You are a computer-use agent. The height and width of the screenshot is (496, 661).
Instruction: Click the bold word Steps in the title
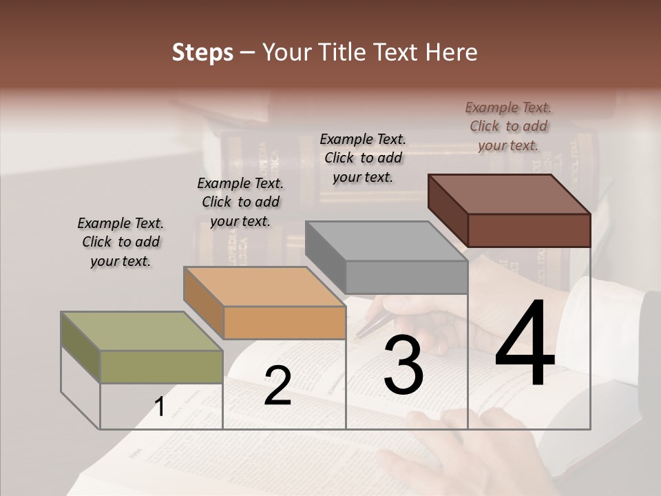click(202, 52)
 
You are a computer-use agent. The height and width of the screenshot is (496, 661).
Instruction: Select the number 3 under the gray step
click(403, 366)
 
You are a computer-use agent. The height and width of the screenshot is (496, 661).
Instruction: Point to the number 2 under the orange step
click(277, 386)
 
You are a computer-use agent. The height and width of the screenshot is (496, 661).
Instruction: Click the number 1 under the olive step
click(160, 406)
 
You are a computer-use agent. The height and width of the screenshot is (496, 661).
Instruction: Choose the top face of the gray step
click(386, 241)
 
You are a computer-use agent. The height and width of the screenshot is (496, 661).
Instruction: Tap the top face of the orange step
click(264, 287)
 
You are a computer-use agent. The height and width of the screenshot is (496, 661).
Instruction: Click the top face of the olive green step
click(141, 331)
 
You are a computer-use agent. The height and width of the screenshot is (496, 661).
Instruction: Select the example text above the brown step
click(508, 126)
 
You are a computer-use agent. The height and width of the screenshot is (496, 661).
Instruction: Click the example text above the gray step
click(363, 158)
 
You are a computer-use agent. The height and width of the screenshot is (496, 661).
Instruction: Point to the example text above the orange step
click(240, 202)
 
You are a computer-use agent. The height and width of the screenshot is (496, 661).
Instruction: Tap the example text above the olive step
click(120, 242)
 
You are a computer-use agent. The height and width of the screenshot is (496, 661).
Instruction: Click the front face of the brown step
click(529, 230)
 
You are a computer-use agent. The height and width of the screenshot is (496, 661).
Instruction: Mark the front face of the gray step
click(406, 277)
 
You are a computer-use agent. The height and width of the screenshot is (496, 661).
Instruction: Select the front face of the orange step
click(284, 322)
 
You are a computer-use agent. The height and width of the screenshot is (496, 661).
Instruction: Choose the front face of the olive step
click(161, 366)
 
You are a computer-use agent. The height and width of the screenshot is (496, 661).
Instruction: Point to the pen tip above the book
click(357, 338)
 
